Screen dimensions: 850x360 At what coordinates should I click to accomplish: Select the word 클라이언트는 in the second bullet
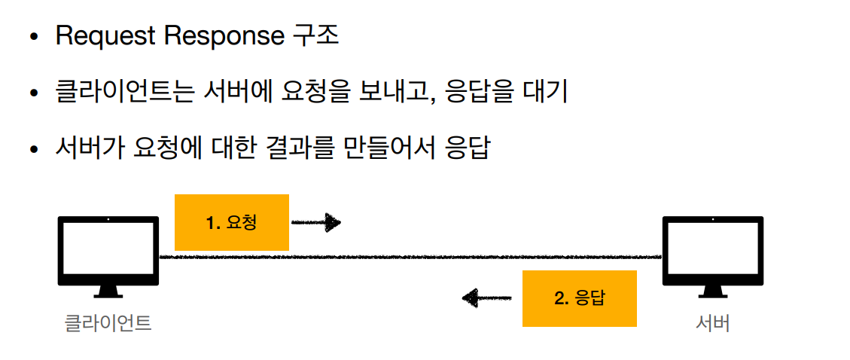click(x=125, y=93)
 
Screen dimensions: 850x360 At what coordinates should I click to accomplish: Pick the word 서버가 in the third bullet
click(x=90, y=148)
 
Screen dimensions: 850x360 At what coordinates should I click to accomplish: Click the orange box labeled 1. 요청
click(x=232, y=223)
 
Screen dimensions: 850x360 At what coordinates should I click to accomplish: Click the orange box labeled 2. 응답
click(x=580, y=299)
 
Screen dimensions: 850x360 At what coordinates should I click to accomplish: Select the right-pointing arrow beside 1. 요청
click(x=315, y=222)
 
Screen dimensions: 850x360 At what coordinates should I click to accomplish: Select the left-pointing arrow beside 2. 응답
click(x=487, y=297)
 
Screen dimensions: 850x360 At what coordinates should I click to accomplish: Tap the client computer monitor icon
click(x=108, y=257)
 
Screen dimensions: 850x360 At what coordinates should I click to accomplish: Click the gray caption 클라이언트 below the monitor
click(x=108, y=323)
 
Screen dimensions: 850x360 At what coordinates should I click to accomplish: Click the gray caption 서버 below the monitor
click(x=713, y=323)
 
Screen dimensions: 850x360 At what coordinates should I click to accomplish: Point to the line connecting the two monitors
click(x=410, y=257)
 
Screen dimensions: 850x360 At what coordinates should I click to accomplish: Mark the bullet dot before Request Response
click(x=35, y=38)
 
